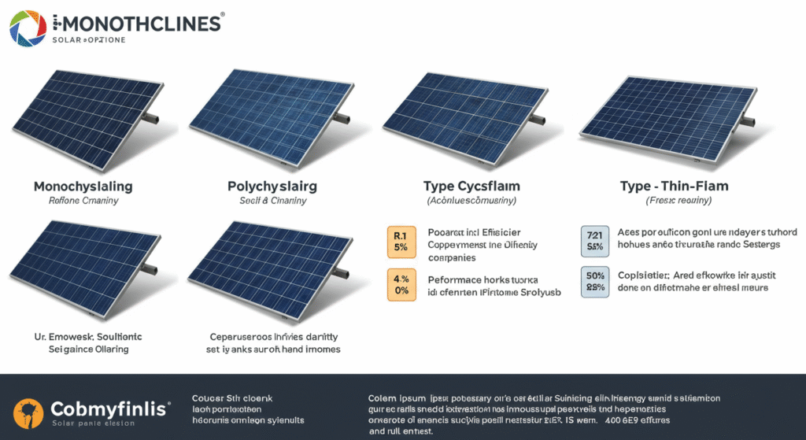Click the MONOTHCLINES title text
[x=138, y=23]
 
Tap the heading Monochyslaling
[x=83, y=187]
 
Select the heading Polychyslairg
[x=272, y=187]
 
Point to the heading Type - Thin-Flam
[x=673, y=187]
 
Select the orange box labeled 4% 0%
[x=401, y=284]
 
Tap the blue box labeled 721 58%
[x=595, y=240]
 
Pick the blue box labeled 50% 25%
[x=595, y=283]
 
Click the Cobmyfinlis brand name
[x=109, y=409]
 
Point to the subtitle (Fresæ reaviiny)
[x=673, y=202]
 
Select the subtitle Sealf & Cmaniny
[x=272, y=202]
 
